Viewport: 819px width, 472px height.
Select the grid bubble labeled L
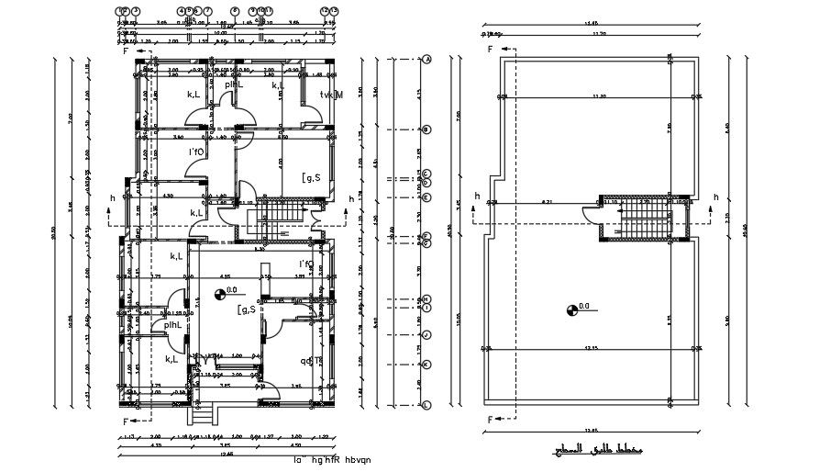(427, 404)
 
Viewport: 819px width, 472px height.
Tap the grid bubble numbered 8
(235, 10)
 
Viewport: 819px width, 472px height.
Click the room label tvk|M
(330, 95)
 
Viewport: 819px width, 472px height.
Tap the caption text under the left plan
(333, 461)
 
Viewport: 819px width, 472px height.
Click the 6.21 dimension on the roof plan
(547, 200)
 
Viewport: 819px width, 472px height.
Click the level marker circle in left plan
(220, 294)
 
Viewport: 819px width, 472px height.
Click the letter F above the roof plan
(490, 49)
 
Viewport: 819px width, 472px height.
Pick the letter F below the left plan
(125, 421)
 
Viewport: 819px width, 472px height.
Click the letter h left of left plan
(112, 197)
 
